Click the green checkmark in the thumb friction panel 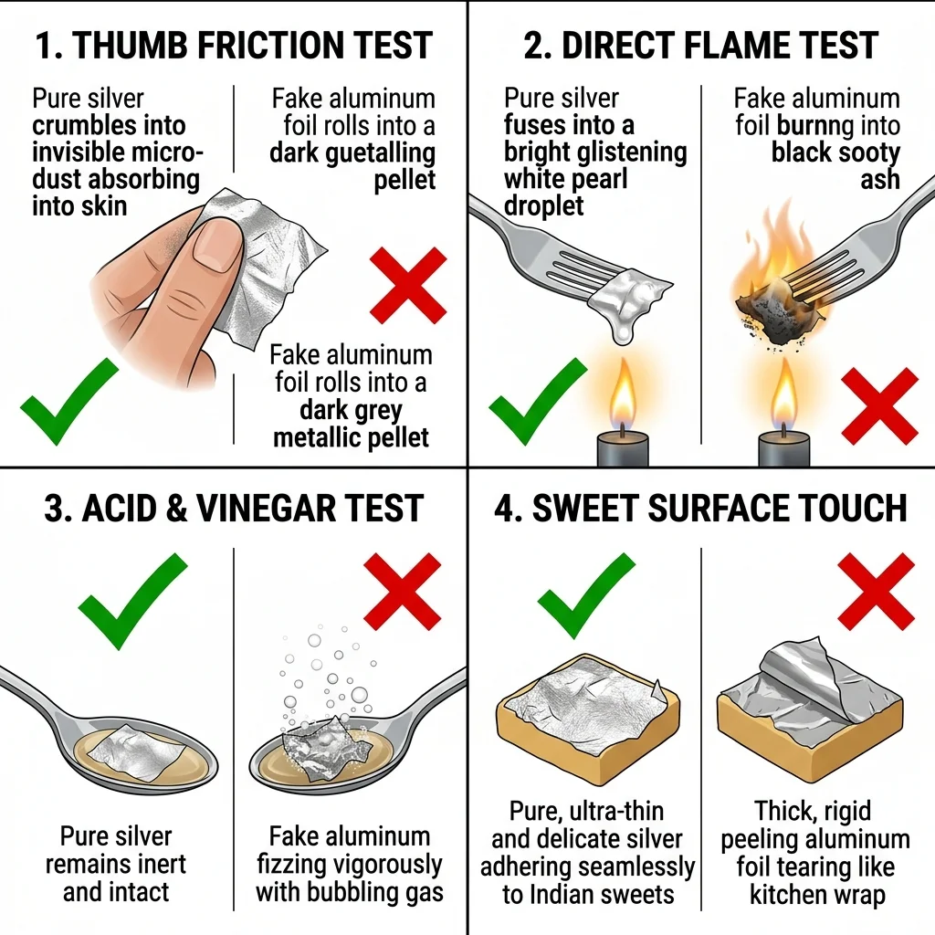pyautogui.click(x=69, y=402)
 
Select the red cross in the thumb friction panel pyautogui.click(x=408, y=286)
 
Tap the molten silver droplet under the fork pyautogui.click(x=623, y=328)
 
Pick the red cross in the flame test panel pyautogui.click(x=879, y=406)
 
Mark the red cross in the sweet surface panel pyautogui.click(x=876, y=592)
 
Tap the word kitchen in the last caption pyautogui.click(x=782, y=895)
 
